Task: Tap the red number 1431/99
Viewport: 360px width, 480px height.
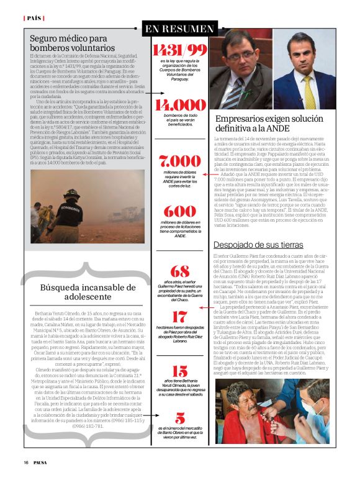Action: point(179,50)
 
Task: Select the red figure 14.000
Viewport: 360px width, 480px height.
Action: point(179,105)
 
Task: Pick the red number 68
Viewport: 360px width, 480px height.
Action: point(179,271)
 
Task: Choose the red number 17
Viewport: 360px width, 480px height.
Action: point(179,317)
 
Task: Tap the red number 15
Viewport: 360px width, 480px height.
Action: point(179,371)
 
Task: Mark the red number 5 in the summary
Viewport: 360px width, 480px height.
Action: point(179,418)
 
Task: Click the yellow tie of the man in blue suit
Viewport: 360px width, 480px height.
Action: point(308,89)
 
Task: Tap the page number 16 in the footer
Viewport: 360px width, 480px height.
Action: point(26,462)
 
